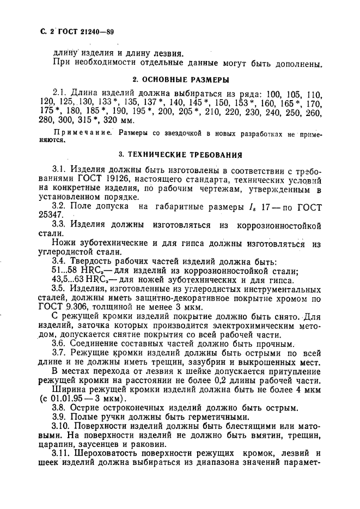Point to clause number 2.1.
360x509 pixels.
pos(60,94)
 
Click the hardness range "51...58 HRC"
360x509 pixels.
pos(76,271)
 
